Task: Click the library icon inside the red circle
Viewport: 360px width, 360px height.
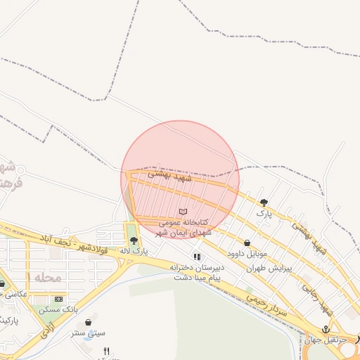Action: point(184,212)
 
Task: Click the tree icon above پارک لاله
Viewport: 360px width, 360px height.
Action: point(134,240)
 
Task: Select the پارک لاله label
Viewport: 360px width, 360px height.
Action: point(134,251)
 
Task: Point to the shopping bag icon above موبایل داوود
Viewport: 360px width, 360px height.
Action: point(246,243)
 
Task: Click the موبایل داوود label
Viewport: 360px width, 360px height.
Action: point(246,252)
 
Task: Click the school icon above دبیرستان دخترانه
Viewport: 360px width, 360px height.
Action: point(198,257)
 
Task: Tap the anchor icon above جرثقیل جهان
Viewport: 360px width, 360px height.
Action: point(326,329)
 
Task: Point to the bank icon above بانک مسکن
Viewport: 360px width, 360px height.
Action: point(58,300)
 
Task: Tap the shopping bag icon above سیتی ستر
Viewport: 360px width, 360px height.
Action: point(89,323)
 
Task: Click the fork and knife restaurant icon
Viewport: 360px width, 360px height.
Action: point(106,351)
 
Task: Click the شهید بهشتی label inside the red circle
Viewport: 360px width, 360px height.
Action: point(174,179)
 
